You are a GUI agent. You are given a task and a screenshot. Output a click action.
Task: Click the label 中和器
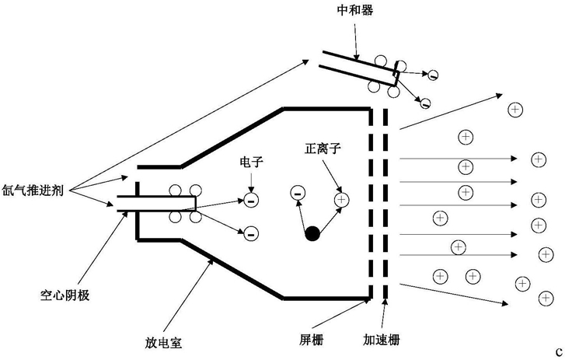point(355,10)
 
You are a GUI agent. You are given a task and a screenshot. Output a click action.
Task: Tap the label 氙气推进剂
point(33,190)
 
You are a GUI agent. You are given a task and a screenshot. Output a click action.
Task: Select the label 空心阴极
point(65,295)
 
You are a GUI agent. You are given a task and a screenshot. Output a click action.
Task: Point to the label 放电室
point(163,342)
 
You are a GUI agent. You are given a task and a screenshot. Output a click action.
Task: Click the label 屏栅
point(312,340)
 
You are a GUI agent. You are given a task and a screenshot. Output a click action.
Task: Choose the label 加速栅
point(382,340)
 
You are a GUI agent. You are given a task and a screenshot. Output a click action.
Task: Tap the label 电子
point(252,162)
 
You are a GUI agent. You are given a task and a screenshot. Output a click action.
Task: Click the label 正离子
point(323,148)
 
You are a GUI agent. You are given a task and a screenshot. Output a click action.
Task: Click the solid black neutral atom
point(312,233)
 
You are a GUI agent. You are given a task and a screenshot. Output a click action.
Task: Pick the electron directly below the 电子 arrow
point(251,200)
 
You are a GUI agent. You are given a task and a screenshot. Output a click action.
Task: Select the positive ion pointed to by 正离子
point(342,199)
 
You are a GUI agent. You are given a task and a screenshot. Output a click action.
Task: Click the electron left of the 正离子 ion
point(298,193)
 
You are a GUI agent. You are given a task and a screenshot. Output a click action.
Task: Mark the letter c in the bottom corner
point(560,351)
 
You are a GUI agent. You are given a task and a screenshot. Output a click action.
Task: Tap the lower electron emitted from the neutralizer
point(425,103)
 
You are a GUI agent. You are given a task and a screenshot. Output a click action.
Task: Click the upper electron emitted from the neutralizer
point(433,75)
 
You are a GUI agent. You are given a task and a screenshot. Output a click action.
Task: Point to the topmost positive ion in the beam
point(515,109)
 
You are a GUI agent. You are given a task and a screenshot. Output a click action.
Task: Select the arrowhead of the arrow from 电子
point(251,189)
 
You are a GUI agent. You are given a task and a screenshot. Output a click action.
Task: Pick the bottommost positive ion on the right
point(546,298)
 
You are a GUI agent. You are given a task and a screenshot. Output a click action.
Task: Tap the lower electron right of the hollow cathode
point(251,233)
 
